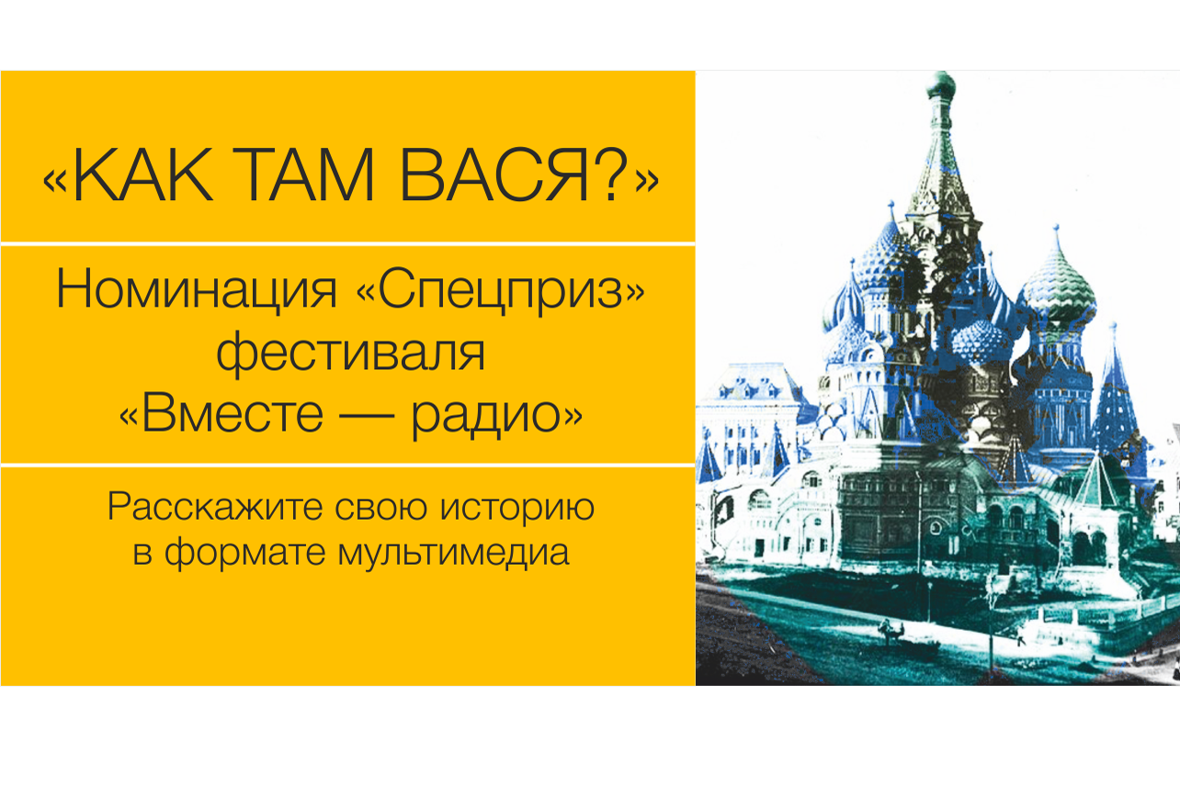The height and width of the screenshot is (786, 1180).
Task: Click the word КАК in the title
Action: [143, 174]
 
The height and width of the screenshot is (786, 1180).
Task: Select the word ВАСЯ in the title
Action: [494, 174]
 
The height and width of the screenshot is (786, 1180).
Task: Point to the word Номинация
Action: [196, 290]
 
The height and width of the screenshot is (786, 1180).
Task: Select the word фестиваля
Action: [350, 353]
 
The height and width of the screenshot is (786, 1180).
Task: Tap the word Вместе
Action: [233, 414]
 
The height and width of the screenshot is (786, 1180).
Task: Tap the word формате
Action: [245, 554]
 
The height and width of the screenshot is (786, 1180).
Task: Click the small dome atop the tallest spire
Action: [941, 84]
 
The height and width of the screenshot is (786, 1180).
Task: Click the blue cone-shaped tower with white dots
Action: [1115, 400]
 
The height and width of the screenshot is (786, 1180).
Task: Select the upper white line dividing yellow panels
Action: [348, 243]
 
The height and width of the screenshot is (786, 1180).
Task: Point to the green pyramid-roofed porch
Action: [1096, 484]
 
